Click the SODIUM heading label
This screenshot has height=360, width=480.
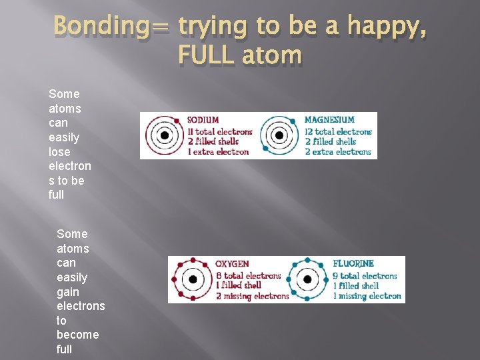click(203, 121)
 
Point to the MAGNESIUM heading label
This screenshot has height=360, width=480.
click(329, 121)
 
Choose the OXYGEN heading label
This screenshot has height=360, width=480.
click(232, 265)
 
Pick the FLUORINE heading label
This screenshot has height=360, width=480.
click(353, 264)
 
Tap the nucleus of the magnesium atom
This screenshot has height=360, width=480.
click(279, 135)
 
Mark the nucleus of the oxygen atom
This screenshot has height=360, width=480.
click(192, 279)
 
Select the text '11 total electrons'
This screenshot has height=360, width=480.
click(219, 131)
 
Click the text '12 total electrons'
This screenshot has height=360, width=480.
click(337, 131)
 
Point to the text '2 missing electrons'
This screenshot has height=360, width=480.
click(252, 296)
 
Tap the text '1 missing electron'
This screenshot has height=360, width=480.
click(367, 296)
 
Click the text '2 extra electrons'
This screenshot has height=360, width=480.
click(337, 152)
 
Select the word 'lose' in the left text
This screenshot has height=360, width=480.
click(60, 151)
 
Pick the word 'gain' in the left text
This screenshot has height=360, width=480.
click(68, 291)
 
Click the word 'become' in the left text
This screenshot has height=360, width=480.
click(77, 334)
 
